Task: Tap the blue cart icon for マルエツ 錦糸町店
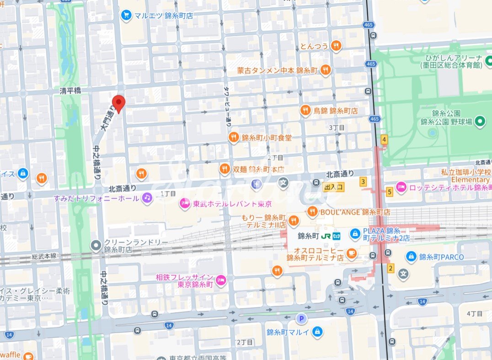coord(126,16)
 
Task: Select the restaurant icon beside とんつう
coord(337,46)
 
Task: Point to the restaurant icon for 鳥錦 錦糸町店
coord(305,111)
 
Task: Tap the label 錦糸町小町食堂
coord(266,138)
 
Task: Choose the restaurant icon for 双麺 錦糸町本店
coord(224,169)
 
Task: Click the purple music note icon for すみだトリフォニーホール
coord(146,198)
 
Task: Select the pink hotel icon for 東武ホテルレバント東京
coord(184,203)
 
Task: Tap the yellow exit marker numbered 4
coord(384,140)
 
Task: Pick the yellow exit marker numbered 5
coord(389,192)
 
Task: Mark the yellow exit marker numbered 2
coord(390,268)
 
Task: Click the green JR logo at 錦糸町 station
coord(325,236)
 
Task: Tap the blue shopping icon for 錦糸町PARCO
coord(411,257)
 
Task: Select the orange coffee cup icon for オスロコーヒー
coord(351,252)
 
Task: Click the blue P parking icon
coord(300,318)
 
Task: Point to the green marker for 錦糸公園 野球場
coord(480,122)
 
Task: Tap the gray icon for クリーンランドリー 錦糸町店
coord(96,246)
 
